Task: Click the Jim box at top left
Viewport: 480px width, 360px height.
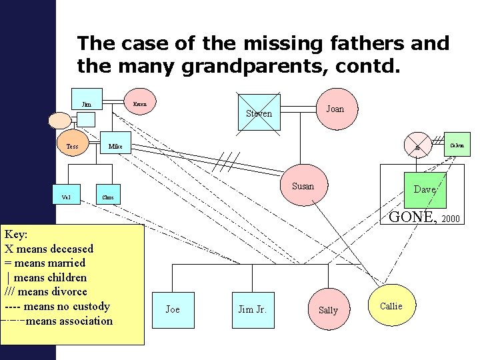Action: coord(87,105)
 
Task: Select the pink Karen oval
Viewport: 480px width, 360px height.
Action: coord(140,104)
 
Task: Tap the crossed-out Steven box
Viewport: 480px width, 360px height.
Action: coord(259,113)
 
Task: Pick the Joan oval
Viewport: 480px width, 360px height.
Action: coord(335,109)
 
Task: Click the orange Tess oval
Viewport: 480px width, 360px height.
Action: coord(72,146)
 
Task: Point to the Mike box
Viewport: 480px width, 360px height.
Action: coord(115,146)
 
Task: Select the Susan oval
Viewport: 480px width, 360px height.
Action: coord(303,187)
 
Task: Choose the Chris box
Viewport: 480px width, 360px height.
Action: coord(109,197)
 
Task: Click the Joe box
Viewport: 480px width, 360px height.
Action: coord(173,310)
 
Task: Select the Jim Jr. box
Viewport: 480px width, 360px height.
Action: coord(253,310)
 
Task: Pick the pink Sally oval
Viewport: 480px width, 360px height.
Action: coord(328,310)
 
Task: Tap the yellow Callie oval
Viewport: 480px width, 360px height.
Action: coord(391,305)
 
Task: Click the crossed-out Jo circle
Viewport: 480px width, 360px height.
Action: coord(416,147)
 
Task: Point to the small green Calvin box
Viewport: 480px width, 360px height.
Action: coord(457,144)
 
